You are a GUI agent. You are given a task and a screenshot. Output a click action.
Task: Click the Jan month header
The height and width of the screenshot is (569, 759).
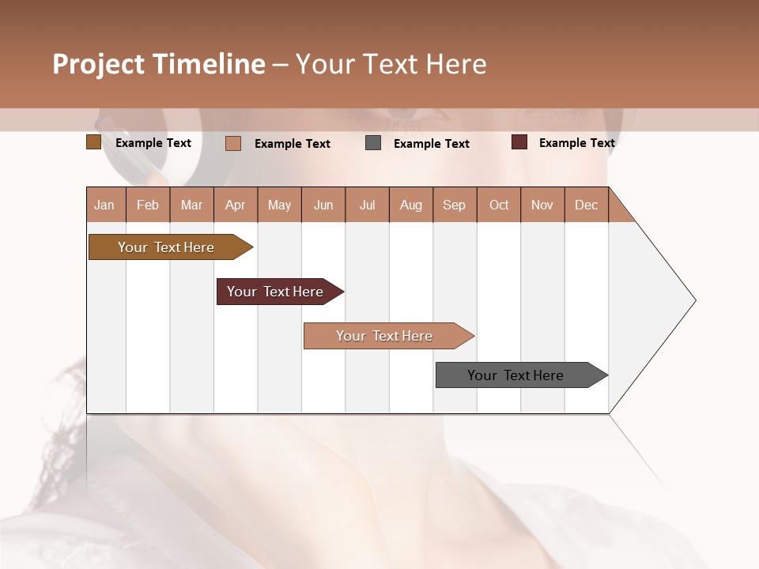pyautogui.click(x=104, y=205)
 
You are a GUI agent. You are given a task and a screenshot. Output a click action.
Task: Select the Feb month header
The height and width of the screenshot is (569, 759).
pyautogui.click(x=148, y=205)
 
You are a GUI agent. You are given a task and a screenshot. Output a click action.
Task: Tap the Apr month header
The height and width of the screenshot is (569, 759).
pyautogui.click(x=235, y=205)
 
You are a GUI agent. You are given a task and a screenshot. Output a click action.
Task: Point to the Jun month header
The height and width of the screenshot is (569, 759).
pyautogui.click(x=323, y=205)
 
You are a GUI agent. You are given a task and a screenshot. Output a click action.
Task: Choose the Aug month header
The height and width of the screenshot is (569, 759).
pyautogui.click(x=410, y=205)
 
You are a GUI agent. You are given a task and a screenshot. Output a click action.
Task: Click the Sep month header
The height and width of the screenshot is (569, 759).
pyautogui.click(x=454, y=205)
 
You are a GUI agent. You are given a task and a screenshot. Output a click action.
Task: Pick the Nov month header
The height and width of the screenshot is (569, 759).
pyautogui.click(x=542, y=205)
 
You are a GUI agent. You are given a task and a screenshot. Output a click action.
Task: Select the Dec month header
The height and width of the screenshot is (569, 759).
pyautogui.click(x=586, y=205)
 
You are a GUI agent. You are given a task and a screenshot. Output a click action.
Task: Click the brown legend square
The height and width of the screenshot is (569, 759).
pyautogui.click(x=93, y=142)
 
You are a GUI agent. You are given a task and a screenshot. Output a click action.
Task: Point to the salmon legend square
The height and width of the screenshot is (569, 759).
pyautogui.click(x=232, y=143)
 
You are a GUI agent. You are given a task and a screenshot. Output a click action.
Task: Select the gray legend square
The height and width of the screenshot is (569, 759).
pyautogui.click(x=373, y=143)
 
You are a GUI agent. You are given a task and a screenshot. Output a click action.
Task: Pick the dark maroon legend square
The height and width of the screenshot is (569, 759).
pyautogui.click(x=519, y=142)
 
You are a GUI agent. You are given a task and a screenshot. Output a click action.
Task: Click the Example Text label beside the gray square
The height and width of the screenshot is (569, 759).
pyautogui.click(x=431, y=144)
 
